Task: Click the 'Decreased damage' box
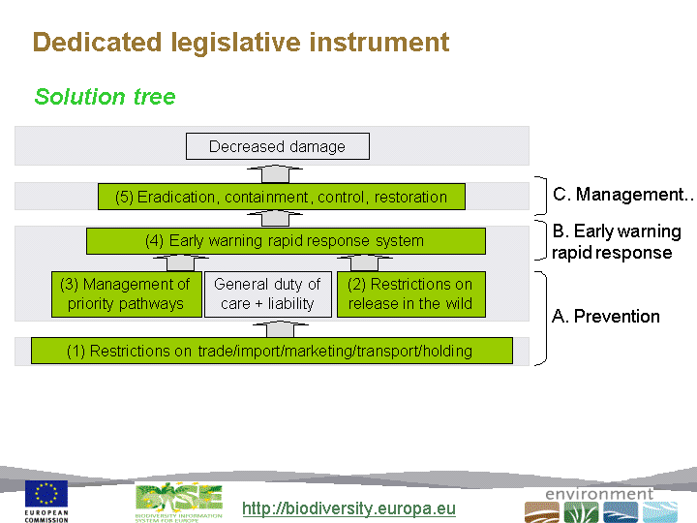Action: (x=277, y=147)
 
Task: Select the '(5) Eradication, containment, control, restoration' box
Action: (x=281, y=198)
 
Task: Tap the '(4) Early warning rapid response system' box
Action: (x=285, y=241)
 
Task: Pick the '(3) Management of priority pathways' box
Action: (x=125, y=293)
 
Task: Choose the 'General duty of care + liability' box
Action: (x=267, y=293)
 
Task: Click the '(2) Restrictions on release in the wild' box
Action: (x=409, y=293)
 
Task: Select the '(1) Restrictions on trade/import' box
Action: (x=271, y=351)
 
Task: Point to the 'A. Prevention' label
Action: (x=606, y=317)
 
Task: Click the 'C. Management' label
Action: (x=620, y=195)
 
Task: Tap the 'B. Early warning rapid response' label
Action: (x=616, y=242)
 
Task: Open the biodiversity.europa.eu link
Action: (x=348, y=508)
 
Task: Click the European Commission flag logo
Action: (x=46, y=495)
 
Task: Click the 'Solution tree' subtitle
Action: (x=105, y=97)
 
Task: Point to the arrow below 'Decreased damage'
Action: (x=277, y=172)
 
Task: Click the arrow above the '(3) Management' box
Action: (x=180, y=262)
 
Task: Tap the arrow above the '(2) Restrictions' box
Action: (x=365, y=262)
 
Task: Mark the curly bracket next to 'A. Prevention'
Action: (x=541, y=318)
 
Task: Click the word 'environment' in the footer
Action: (x=599, y=494)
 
